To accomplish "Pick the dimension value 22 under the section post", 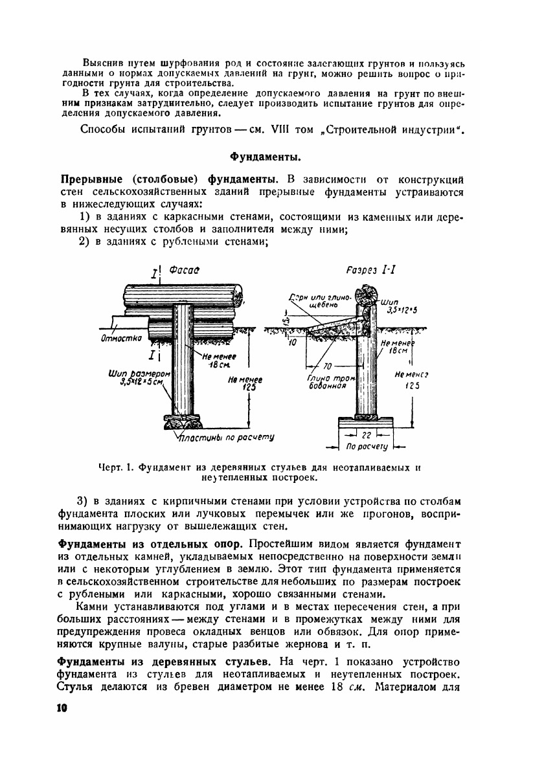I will tap(365, 436).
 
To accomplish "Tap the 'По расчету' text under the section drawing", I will tap(367, 447).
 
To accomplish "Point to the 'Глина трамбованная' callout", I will tap(326, 382).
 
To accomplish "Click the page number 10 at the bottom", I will tap(62, 708).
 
